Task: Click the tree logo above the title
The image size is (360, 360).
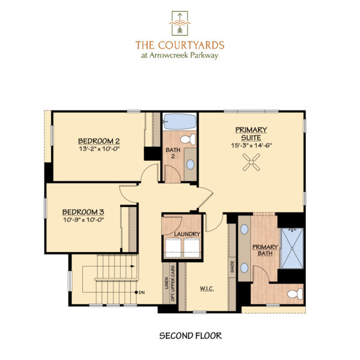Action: (180, 23)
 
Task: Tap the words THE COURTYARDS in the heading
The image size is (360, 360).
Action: (180, 45)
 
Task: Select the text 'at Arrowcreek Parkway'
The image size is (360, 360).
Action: (180, 56)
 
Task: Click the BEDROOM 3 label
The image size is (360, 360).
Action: (83, 211)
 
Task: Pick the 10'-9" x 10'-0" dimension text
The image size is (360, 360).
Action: (83, 220)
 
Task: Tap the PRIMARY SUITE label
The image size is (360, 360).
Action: (251, 133)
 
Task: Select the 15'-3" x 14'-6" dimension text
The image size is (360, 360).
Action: (251, 145)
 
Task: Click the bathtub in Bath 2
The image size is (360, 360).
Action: (180, 121)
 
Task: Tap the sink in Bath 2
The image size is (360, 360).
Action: (190, 164)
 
